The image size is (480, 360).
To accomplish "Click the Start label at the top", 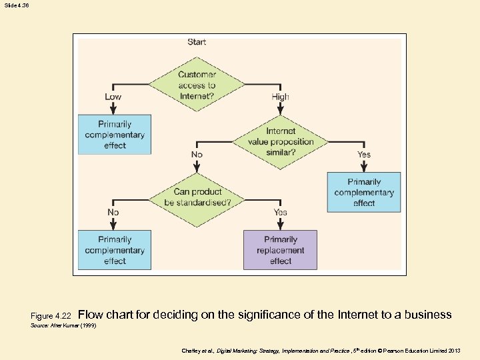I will pos(197,42).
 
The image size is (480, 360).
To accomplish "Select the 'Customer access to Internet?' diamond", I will pos(197,85).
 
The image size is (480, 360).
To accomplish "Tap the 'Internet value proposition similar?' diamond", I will pos(281,142).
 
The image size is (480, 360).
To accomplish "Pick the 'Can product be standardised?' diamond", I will pos(197,197).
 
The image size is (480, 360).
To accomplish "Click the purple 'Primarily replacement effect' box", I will pos(280,250).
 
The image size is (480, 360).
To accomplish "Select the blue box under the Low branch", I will pos(115,135).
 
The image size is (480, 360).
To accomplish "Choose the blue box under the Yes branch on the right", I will pos(364,192).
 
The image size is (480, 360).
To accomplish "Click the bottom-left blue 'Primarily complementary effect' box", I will pos(115,250).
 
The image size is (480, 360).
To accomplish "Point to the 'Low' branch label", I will pos(113,97).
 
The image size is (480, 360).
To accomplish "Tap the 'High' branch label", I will pos(281,97).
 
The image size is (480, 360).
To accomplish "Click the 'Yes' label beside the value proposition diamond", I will pos(364,154).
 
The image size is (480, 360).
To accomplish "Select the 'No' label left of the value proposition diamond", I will pos(197,154).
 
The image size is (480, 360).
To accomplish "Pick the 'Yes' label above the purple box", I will pos(281,212).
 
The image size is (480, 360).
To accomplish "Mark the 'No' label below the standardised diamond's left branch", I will pos(113,212).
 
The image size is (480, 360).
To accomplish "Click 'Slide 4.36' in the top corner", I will pos(16,5).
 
